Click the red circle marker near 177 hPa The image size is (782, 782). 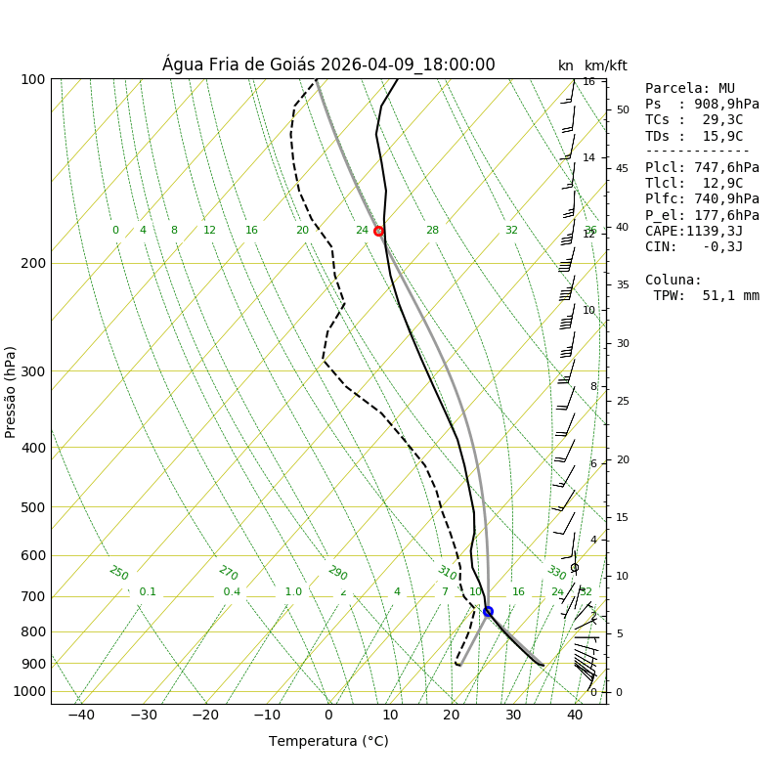pos(378,231)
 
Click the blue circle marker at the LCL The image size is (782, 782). pos(488,611)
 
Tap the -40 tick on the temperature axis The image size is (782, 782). pos(81,715)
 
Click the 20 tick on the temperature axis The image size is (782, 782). pos(452,715)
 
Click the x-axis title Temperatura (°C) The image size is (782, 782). pos(328,741)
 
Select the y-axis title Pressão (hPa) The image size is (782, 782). pos(11,391)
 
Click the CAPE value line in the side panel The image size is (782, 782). pos(694,231)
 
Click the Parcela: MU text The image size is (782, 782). pos(689,88)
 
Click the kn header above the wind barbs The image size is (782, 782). pos(566,65)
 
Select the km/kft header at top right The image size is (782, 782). pos(606,65)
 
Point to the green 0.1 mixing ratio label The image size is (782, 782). pos(148,591)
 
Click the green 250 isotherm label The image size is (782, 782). pos(118,573)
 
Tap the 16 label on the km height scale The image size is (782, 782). pos(589,82)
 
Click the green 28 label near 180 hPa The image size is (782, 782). pos(432,231)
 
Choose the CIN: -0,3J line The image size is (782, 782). pos(694,246)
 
